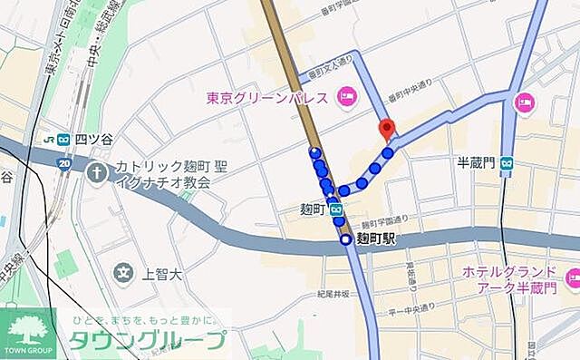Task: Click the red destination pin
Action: [388, 130]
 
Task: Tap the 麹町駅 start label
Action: [376, 239]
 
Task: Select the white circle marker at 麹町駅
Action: [345, 239]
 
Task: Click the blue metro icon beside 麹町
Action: [335, 210]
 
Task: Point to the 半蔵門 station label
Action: [476, 162]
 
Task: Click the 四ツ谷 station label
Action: [93, 140]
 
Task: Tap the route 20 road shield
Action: [64, 163]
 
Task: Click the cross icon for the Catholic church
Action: [97, 170]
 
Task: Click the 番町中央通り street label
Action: [410, 90]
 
